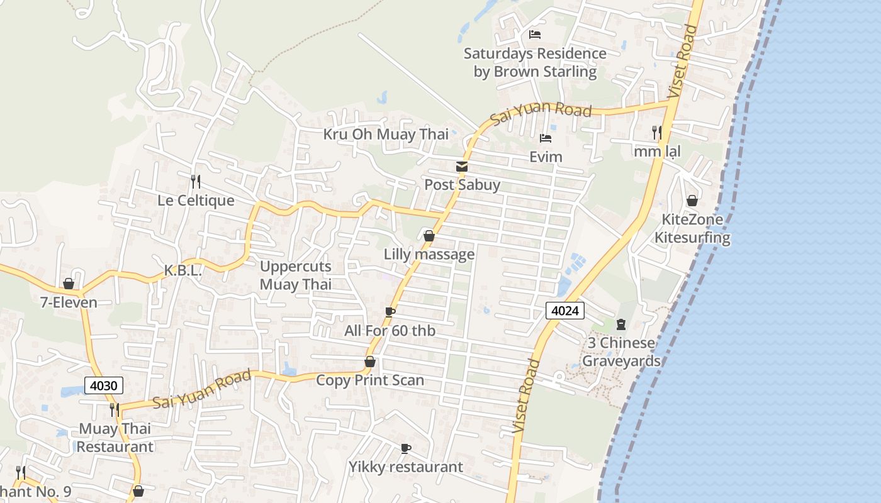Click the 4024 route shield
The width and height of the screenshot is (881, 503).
click(565, 310)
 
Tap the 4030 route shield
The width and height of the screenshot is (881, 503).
click(103, 385)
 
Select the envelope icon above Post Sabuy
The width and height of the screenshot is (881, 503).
click(462, 167)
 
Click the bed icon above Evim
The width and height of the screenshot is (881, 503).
click(546, 138)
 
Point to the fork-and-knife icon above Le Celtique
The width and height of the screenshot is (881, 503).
click(196, 182)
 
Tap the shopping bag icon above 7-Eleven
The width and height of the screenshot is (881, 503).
click(69, 284)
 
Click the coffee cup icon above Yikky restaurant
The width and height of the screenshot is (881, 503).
click(406, 448)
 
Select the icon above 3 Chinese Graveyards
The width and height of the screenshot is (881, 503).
click(621, 324)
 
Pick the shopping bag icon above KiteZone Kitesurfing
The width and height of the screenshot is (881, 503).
click(692, 201)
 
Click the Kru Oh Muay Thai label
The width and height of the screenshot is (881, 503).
click(386, 134)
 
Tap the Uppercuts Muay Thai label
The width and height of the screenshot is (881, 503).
click(296, 275)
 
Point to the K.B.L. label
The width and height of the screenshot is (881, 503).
click(182, 271)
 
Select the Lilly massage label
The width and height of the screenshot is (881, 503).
click(429, 255)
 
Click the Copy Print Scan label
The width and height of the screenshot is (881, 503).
click(370, 380)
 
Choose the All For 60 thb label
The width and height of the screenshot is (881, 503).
click(390, 331)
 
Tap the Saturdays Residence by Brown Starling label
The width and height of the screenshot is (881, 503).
click(535, 62)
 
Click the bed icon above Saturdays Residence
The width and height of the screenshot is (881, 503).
click(535, 35)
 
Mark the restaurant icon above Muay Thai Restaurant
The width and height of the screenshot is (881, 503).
click(115, 410)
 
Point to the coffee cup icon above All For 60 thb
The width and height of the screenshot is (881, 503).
click(390, 312)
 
